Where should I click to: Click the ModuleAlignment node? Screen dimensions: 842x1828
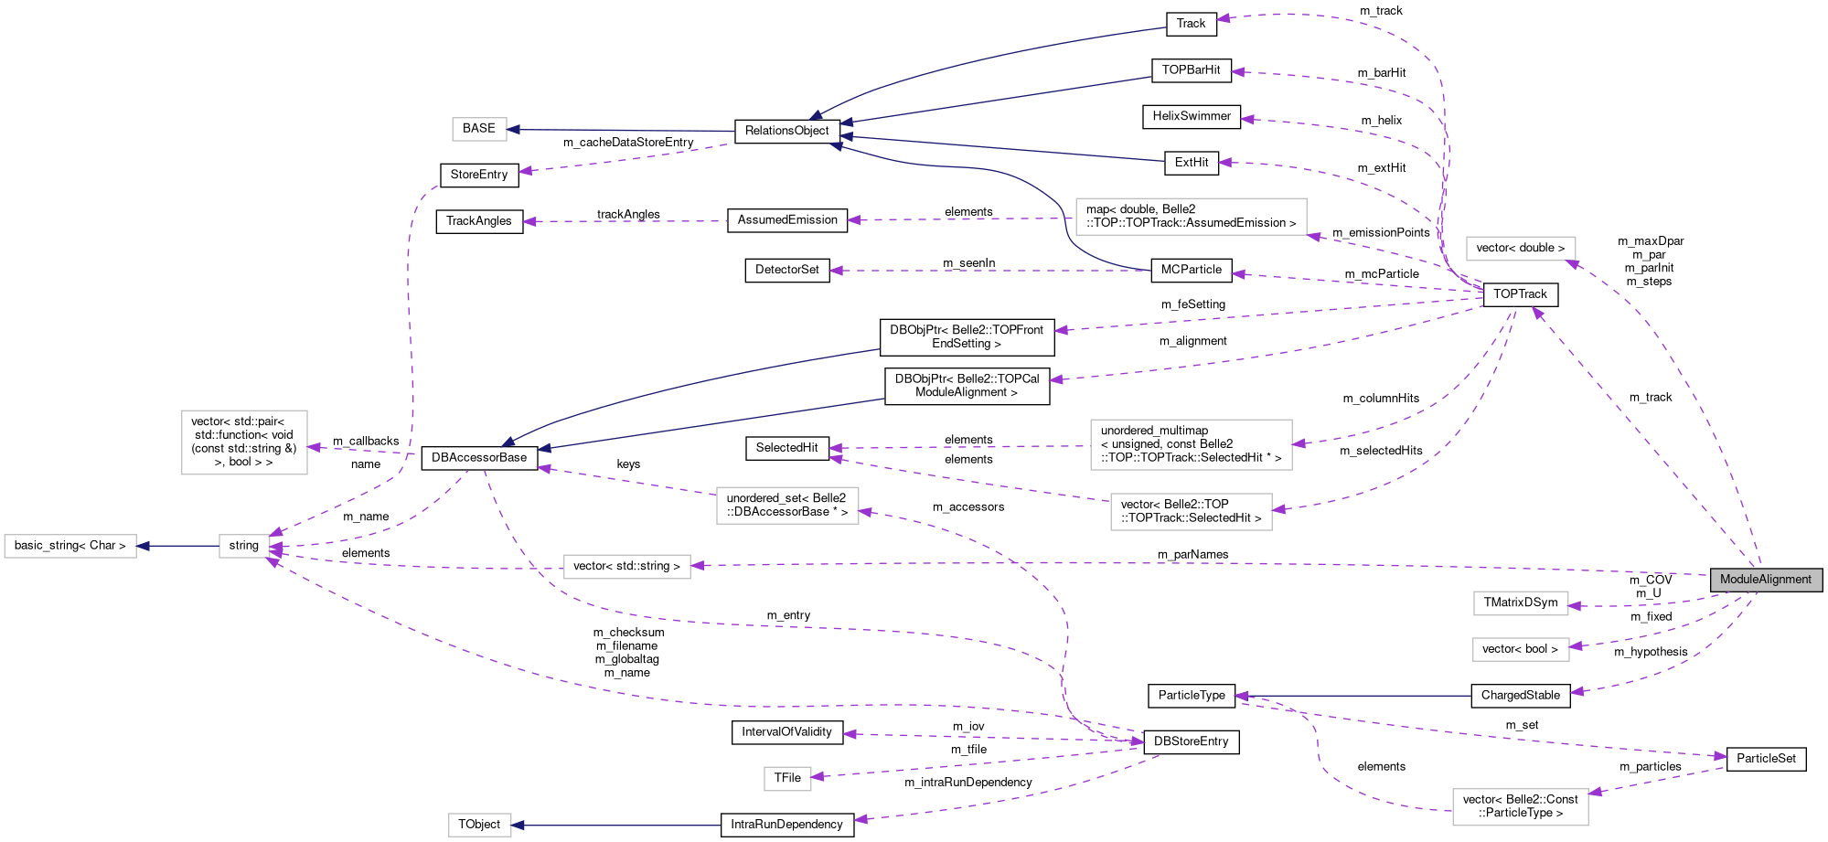click(1766, 580)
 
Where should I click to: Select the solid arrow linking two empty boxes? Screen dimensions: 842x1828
click(178, 546)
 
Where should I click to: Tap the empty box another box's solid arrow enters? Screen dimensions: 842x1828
click(70, 546)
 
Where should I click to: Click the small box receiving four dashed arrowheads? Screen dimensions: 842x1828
click(244, 546)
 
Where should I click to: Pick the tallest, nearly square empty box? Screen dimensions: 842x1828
click(244, 442)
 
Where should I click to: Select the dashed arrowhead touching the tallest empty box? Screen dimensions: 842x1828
click(315, 447)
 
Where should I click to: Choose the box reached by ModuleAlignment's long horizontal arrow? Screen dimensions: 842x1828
click(626, 567)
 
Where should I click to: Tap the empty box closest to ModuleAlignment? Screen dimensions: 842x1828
click(1521, 603)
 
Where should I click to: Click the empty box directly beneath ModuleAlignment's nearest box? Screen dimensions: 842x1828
click(1521, 649)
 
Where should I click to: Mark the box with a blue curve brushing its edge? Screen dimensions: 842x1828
click(1191, 217)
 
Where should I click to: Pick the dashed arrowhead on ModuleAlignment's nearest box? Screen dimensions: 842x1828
click(1575, 605)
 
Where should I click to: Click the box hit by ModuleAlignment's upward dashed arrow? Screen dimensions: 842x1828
click(1521, 249)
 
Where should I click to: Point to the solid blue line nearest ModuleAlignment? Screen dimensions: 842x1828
click(1353, 696)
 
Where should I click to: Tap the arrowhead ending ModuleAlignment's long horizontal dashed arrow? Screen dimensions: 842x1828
click(698, 566)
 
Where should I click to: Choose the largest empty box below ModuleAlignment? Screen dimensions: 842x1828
click(1520, 807)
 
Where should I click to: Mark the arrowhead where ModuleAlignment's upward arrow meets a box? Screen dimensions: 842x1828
click(1572, 264)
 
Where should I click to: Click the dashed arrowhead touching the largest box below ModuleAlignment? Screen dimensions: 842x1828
click(1596, 792)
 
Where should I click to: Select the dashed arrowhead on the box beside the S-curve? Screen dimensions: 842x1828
click(1314, 237)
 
